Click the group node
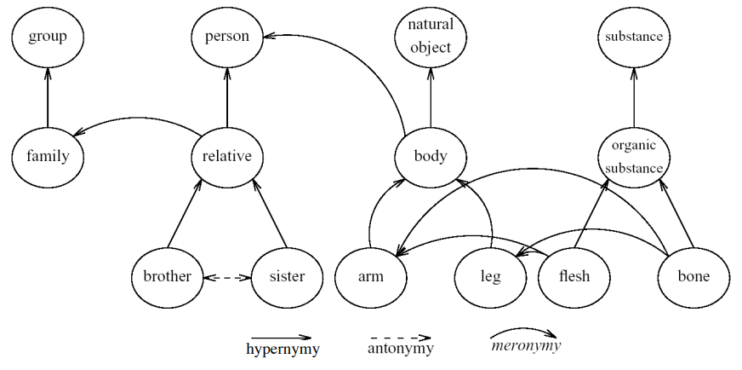[x=48, y=37]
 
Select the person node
[x=227, y=37]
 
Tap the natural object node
[x=431, y=38]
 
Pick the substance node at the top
[x=634, y=37]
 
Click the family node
[x=48, y=157]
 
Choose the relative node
[x=227, y=157]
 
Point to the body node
[x=431, y=157]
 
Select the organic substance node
[x=634, y=157]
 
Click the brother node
[x=168, y=276]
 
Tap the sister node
[x=288, y=276]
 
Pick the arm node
[x=371, y=276]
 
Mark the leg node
[x=491, y=276]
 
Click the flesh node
[x=574, y=276]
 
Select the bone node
[x=694, y=276]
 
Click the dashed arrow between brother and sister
[x=228, y=277]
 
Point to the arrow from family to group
[x=48, y=96]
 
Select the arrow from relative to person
[x=227, y=96]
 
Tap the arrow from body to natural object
[x=431, y=96]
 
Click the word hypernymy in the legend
[x=283, y=350]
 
